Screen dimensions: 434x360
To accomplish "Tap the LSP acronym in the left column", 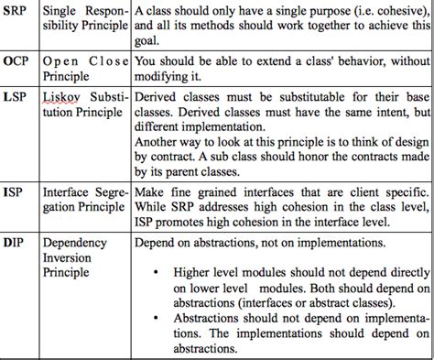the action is click(x=16, y=96).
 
